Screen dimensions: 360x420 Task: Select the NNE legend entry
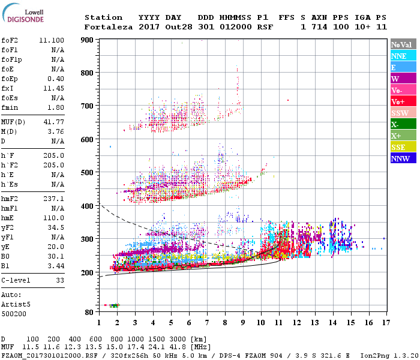(399, 56)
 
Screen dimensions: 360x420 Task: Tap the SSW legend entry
(400, 113)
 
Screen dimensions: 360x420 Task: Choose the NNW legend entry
(400, 158)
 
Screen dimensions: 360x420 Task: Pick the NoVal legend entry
(401, 44)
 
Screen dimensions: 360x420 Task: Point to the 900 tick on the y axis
(88, 40)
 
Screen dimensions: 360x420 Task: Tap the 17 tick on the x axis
(384, 323)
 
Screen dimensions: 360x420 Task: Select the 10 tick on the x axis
(260, 323)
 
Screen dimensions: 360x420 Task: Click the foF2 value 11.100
(53, 40)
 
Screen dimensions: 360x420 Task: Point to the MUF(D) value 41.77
(55, 122)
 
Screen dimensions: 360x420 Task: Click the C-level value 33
(60, 280)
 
